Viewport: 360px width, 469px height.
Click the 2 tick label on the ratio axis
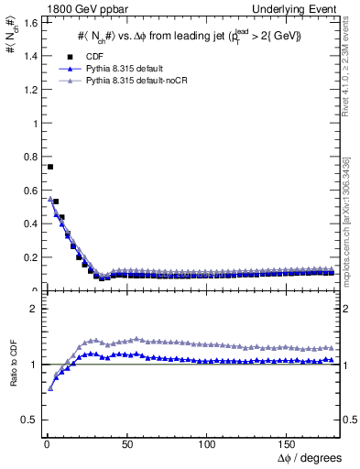[31, 309]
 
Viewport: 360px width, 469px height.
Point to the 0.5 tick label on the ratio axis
[27, 420]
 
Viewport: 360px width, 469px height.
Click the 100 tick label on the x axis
[207, 444]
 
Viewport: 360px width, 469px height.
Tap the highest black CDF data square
[49, 167]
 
